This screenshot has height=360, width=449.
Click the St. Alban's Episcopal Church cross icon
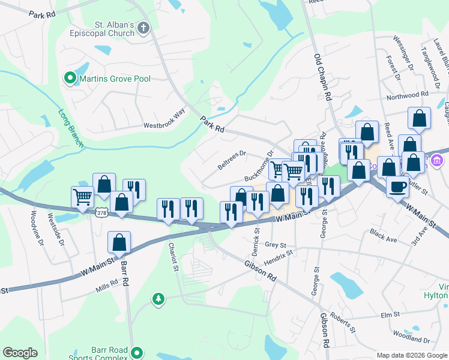(143, 28)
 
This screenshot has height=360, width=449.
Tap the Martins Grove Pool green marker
(70, 78)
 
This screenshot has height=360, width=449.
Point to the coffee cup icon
(397, 187)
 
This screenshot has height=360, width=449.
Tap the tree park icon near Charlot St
(158, 298)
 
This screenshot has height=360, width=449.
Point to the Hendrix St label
(278, 257)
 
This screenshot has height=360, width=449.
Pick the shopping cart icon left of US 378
(82, 196)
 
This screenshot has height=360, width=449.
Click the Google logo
(20, 353)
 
